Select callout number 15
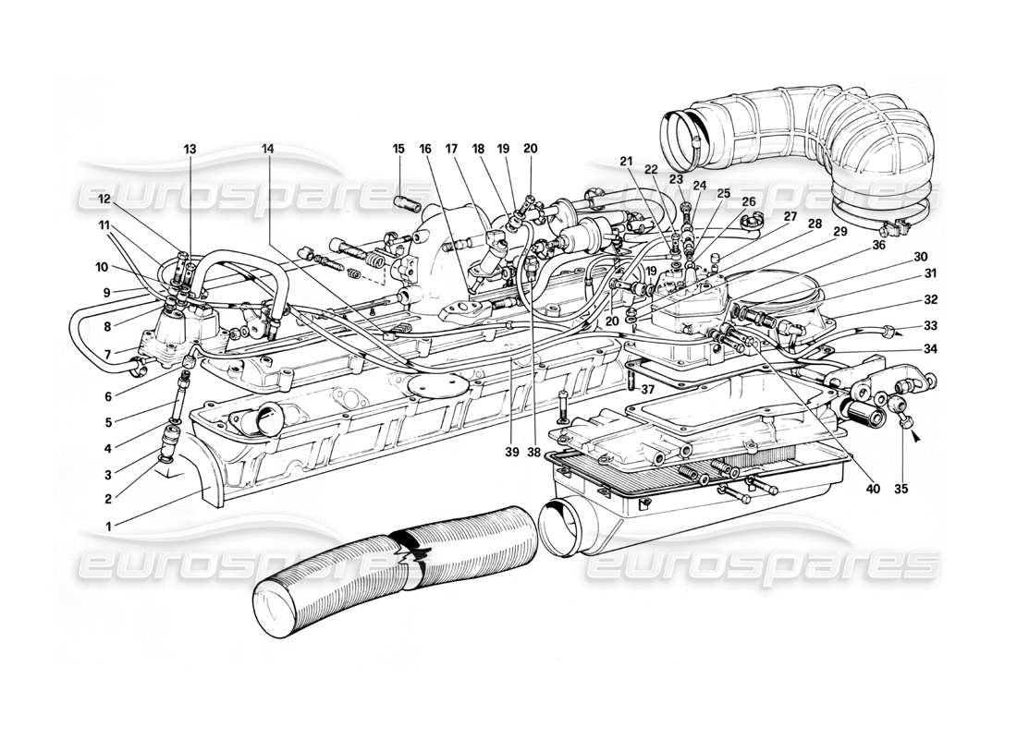[398, 149]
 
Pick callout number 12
[104, 199]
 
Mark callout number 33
[929, 325]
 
